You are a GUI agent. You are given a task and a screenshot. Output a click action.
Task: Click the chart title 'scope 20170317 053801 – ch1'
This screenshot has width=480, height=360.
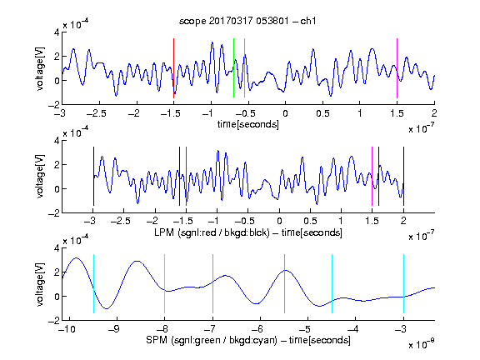coord(247,21)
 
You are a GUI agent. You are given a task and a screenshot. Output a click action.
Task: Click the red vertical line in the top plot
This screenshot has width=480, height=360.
coord(173,68)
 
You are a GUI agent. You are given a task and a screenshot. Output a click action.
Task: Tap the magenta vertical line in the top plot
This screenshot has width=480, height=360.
coord(397,68)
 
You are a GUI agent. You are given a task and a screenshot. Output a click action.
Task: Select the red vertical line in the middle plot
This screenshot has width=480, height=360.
coord(186,177)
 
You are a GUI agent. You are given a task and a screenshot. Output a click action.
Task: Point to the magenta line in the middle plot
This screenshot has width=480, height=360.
coord(372,177)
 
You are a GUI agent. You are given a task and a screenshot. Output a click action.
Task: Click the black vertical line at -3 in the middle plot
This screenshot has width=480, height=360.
coord(93,177)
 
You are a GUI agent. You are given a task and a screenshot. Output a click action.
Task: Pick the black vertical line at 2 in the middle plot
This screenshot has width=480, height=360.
coord(403,177)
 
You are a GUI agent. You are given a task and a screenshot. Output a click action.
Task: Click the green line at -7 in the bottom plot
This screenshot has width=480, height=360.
coord(212,284)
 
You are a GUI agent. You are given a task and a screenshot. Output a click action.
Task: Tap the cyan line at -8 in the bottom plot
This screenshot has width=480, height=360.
coord(164,284)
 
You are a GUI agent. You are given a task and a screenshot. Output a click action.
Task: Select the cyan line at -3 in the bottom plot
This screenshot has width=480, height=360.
coord(403,284)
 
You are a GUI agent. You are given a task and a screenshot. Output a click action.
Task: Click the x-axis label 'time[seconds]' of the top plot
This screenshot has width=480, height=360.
coord(248,124)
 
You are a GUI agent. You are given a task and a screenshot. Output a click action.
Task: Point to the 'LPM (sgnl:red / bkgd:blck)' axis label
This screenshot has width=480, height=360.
coord(212,232)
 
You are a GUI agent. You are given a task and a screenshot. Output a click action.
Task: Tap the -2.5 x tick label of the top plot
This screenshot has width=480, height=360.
coord(97,114)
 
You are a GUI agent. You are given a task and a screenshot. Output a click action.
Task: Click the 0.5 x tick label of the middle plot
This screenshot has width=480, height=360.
coord(310,221)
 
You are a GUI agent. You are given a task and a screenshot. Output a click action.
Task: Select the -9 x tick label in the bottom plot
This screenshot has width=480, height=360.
coord(114,329)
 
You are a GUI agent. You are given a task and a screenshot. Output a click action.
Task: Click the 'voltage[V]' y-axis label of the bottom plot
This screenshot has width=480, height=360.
coord(40,284)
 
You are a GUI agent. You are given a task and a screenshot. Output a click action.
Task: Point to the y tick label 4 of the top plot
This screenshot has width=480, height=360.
coord(57,32)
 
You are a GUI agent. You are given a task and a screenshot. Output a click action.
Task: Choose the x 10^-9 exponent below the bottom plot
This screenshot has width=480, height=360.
coord(421,343)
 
